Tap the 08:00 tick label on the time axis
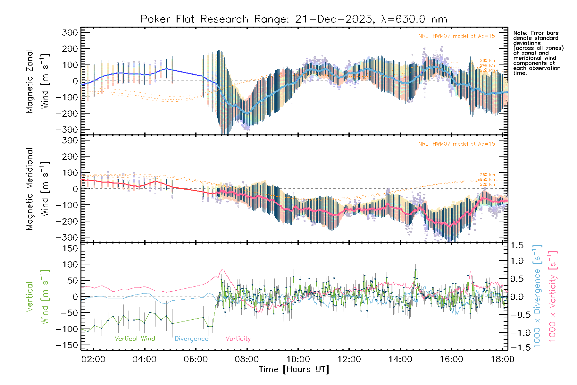pyautogui.click(x=247, y=359)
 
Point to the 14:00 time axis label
pyautogui.click(x=400, y=359)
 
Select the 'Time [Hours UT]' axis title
pyautogui.click(x=294, y=369)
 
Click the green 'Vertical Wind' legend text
pyautogui.click(x=135, y=339)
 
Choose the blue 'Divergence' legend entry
pyautogui.click(x=191, y=339)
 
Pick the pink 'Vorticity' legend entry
pyautogui.click(x=238, y=339)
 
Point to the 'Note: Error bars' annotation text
pyautogui.click(x=536, y=33)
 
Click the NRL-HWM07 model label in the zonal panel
pyautogui.click(x=456, y=36)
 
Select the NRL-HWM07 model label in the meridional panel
pyautogui.click(x=456, y=144)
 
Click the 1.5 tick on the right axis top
pyautogui.click(x=517, y=245)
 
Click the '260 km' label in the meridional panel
pyautogui.click(x=487, y=175)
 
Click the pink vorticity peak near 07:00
pyautogui.click(x=223, y=269)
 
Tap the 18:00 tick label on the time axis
pyautogui.click(x=502, y=359)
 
